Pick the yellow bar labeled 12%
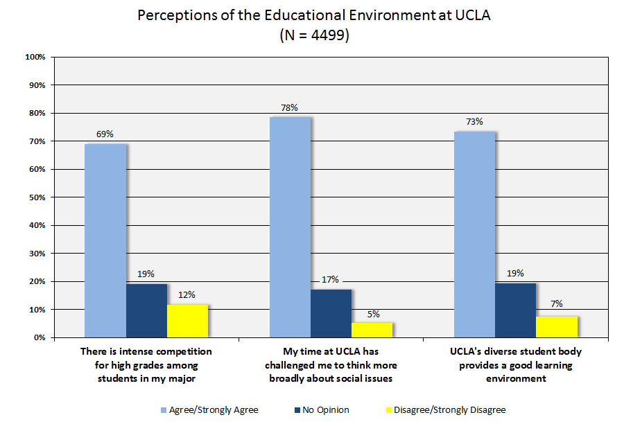[x=187, y=321]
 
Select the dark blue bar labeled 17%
[x=331, y=313]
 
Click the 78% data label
[x=289, y=107]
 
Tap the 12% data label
[x=187, y=295]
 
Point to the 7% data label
[x=557, y=303]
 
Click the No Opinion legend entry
[x=324, y=410]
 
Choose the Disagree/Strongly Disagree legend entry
[x=450, y=410]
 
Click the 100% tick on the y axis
[x=35, y=57]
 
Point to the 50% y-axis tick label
[x=37, y=197]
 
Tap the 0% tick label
[x=39, y=338]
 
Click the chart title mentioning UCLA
[x=313, y=16]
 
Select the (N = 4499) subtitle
[x=313, y=35]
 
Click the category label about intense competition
[x=146, y=365]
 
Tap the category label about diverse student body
[x=516, y=365]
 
